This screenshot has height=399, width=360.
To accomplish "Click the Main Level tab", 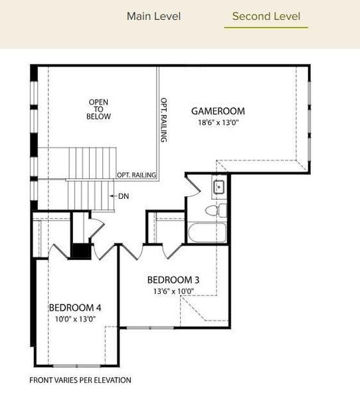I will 153,17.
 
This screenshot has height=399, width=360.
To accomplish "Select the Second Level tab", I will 266,17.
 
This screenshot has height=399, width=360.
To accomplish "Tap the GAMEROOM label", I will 218,111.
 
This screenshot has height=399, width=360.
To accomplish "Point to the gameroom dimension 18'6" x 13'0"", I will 218,122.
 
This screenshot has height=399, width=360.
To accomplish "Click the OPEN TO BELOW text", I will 98,109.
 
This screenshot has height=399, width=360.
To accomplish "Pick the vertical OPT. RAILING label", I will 163,120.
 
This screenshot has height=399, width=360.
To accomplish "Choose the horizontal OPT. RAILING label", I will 136,175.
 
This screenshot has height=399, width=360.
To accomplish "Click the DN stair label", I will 124,196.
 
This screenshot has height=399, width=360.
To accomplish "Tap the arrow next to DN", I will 114,196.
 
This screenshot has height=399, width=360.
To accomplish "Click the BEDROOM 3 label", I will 173,279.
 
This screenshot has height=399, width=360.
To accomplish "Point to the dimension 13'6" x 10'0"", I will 173,291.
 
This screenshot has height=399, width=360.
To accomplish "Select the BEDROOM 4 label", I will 75,308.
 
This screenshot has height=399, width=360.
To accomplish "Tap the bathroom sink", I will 218,186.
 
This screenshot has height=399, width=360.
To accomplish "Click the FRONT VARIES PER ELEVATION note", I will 80,380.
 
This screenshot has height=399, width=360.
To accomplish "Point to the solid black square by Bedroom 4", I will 80,251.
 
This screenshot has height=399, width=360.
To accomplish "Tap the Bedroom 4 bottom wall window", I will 77,366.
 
